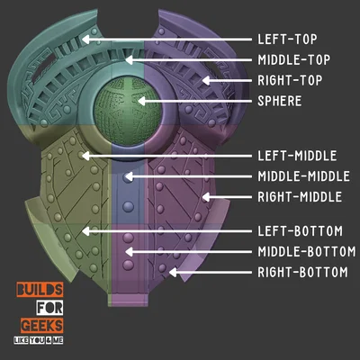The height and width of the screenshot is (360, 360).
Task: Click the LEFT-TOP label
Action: (x=287, y=40)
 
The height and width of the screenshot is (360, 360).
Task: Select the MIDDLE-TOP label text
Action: (x=294, y=60)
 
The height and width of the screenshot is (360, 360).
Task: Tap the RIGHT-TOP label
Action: (x=290, y=80)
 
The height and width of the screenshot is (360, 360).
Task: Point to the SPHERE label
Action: (x=280, y=101)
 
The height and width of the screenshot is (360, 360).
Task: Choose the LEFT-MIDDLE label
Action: (x=297, y=156)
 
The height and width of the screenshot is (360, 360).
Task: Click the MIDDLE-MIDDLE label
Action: (x=304, y=176)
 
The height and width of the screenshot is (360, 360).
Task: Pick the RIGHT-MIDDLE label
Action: (x=300, y=197)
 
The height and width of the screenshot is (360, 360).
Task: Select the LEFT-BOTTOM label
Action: (x=301, y=231)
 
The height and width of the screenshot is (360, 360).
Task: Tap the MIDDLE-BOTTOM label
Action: (x=307, y=252)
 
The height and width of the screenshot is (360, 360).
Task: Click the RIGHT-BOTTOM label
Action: (x=303, y=273)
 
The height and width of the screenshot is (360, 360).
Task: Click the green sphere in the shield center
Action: (x=128, y=112)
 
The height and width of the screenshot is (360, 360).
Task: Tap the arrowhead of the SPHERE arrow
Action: (x=141, y=101)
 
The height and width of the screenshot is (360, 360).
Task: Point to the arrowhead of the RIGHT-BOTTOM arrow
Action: (x=173, y=273)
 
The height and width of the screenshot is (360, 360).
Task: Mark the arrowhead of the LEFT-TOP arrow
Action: (x=85, y=40)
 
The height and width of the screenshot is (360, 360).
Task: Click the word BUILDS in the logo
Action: (x=40, y=290)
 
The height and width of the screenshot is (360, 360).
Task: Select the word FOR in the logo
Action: (x=49, y=308)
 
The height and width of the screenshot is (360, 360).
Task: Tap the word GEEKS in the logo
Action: (x=42, y=326)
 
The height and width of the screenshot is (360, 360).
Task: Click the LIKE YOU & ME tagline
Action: (x=39, y=340)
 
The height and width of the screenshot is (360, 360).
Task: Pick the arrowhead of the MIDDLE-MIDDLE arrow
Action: (x=128, y=176)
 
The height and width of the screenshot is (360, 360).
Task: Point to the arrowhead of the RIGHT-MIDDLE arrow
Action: (x=206, y=197)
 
